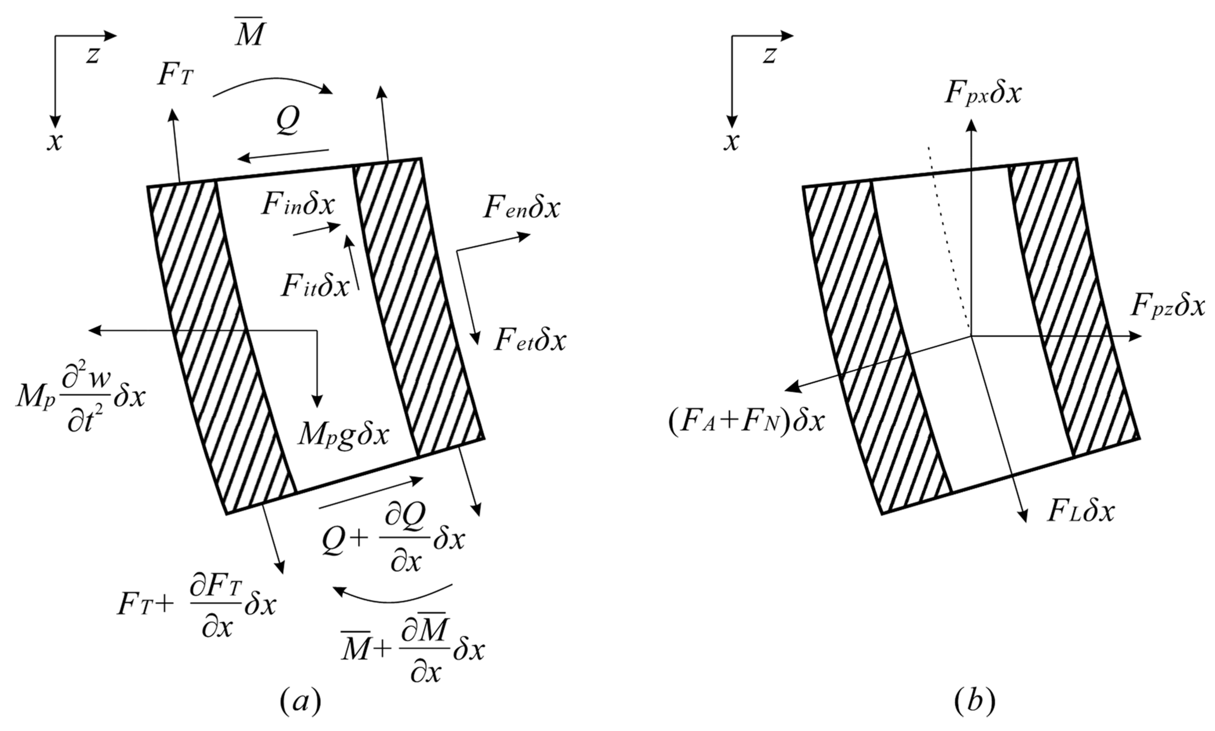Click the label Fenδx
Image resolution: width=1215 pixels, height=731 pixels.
pyautogui.click(x=521, y=209)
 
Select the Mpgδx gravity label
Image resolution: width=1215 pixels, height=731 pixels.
pyautogui.click(x=343, y=435)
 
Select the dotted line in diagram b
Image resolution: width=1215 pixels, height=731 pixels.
pyautogui.click(x=948, y=236)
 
